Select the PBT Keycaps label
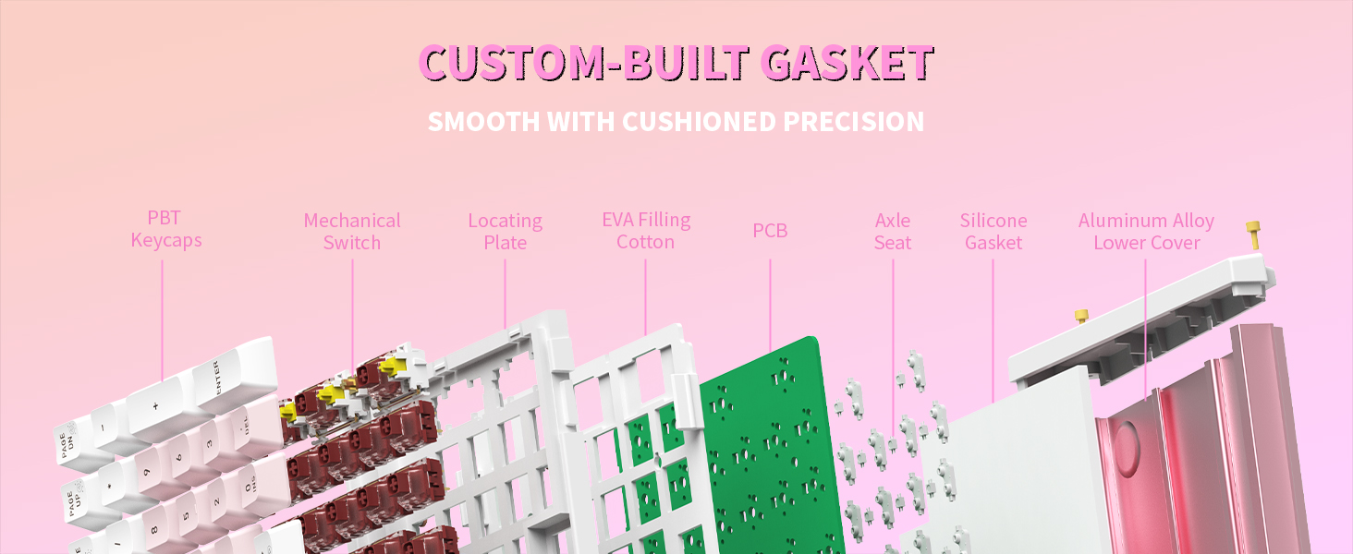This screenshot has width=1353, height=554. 165,229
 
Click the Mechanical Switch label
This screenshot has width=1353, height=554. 352,232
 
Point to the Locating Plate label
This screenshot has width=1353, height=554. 505,232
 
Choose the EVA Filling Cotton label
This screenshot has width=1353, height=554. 646,231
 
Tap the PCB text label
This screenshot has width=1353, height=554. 770,231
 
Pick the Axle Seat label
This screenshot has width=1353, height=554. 893,232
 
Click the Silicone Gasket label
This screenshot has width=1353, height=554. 993,232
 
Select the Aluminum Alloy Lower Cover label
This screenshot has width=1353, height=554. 1146,232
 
